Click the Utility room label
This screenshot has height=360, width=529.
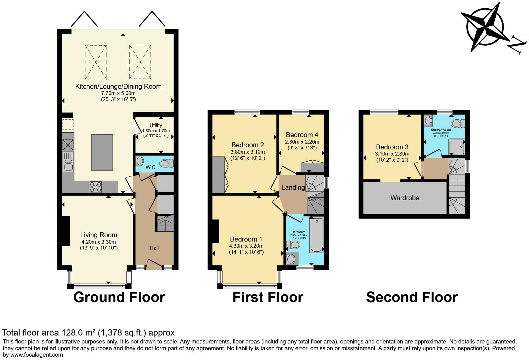point(156,125)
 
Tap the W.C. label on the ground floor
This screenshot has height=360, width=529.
point(151,167)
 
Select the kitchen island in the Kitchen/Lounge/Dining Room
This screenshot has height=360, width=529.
point(102,152)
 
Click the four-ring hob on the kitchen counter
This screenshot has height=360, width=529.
point(96,187)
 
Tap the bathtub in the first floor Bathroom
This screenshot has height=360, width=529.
point(317,235)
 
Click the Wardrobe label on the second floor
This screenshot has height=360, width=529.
point(405,198)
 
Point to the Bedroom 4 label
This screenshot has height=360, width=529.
point(302,135)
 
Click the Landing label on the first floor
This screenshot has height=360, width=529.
point(293,187)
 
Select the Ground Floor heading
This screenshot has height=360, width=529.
point(119,297)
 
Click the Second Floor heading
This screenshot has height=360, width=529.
point(412,297)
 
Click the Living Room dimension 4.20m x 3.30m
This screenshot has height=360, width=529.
point(99,242)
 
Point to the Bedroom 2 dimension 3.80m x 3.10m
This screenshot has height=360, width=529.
point(247,152)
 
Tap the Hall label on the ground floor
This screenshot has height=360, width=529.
point(154,248)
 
